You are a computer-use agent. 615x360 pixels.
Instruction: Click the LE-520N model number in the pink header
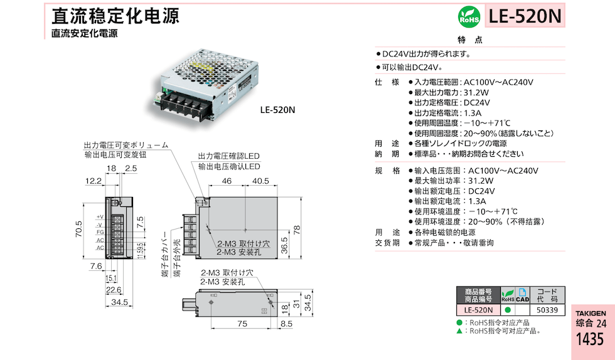click(525, 15)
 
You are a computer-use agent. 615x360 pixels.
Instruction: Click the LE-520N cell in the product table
click(478, 309)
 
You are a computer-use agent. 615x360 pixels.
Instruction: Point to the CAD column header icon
click(522, 295)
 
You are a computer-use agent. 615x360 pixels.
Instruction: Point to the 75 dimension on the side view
click(242, 324)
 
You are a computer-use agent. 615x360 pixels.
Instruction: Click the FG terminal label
click(100, 232)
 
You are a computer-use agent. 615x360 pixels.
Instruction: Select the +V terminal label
click(99, 217)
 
